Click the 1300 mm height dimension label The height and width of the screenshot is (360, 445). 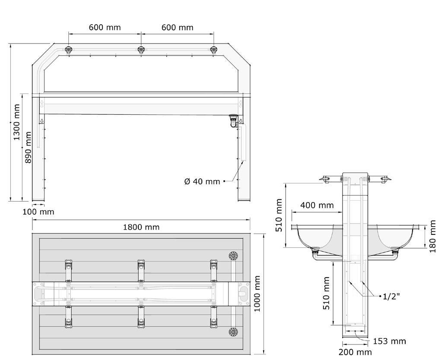pos(17,122)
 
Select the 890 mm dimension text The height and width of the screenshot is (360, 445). pos(28,147)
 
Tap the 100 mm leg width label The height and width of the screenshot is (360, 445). pos(38,212)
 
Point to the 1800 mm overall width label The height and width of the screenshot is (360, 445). pos(141,227)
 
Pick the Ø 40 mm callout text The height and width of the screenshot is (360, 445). pos(202,181)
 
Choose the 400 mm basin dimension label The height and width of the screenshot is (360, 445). pos(317,205)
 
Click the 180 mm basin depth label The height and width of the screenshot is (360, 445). pos(432,237)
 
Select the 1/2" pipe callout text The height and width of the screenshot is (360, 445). pos(391,297)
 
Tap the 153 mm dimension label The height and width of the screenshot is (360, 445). pos(389,341)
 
